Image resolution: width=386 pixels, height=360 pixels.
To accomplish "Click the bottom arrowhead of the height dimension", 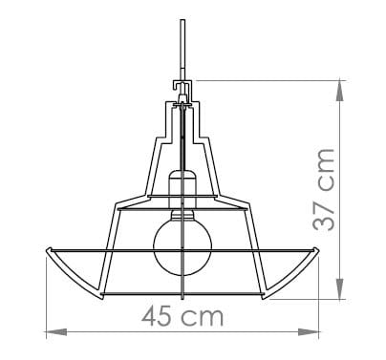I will [341, 293].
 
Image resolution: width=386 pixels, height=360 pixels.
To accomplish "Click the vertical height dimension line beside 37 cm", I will [341, 191].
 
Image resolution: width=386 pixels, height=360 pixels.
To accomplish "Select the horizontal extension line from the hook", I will [268, 80].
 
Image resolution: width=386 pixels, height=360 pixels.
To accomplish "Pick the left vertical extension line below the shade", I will [45, 296].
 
